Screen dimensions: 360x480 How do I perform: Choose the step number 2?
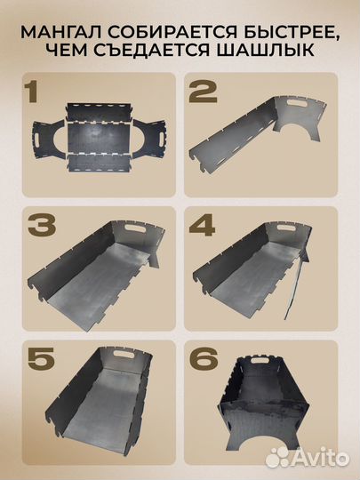tap(203, 92)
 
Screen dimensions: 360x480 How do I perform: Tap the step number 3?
tap(42, 226)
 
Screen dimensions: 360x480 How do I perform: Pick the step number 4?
tap(202, 226)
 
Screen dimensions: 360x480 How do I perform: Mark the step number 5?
tap(42, 359)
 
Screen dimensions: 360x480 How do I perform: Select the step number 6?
tap(204, 359)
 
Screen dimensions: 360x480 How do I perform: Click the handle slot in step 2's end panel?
tap(299, 103)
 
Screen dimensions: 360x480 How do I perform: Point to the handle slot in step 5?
tap(124, 353)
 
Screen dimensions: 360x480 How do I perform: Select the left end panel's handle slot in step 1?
tap(37, 140)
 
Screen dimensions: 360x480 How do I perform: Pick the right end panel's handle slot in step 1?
tap(161, 139)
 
